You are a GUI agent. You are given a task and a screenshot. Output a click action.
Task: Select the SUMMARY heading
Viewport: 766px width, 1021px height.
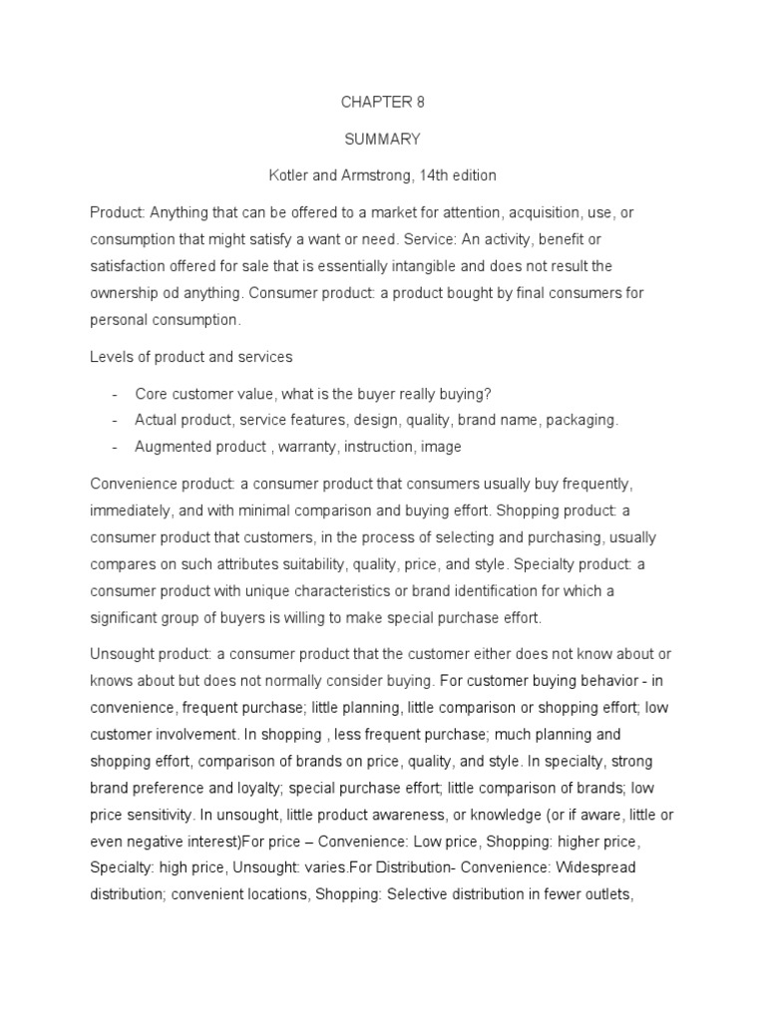point(383,139)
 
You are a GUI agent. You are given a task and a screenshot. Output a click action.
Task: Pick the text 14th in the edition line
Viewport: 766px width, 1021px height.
point(441,174)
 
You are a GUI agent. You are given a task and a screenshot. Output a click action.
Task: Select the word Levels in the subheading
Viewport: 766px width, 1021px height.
point(112,357)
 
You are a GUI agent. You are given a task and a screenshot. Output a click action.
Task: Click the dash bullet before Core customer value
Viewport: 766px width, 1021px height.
point(116,393)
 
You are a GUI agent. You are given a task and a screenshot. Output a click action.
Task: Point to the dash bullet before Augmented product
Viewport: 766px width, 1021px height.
point(116,447)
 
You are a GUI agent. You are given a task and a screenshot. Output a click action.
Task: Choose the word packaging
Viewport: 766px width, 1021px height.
point(582,420)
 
